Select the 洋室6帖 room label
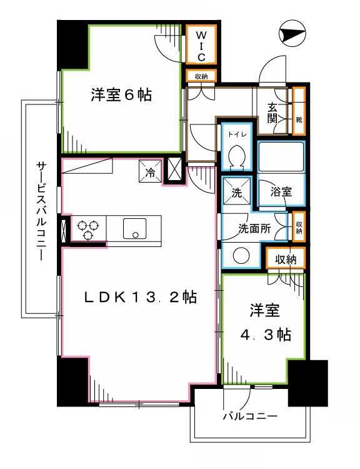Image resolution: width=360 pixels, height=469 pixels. [121, 96]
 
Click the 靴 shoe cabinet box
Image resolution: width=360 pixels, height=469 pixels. [299, 118]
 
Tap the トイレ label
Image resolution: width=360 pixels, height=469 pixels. [237, 134]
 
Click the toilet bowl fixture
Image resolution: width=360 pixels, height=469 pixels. [237, 155]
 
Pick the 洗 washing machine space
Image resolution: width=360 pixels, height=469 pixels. [237, 193]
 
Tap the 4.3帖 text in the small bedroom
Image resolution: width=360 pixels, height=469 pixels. [266, 335]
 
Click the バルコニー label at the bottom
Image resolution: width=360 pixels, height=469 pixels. [249, 416]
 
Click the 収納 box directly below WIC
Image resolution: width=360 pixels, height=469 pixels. [201, 77]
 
